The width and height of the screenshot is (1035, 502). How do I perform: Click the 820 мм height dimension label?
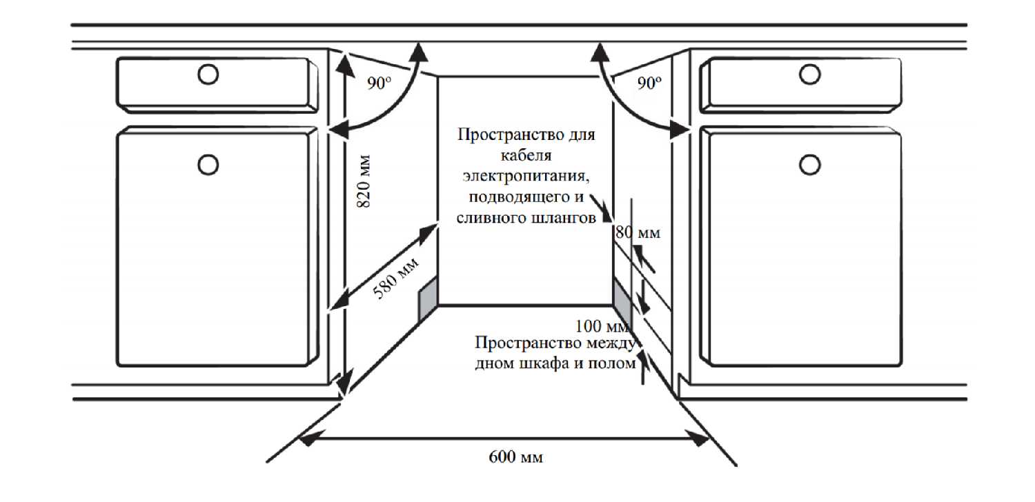tap(366, 181)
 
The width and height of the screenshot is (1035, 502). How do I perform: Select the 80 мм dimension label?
tap(638, 233)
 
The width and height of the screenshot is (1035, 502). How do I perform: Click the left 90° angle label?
tap(379, 84)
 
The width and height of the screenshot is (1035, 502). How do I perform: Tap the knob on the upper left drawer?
tap(207, 74)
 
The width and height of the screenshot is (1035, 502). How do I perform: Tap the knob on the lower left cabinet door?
tap(207, 164)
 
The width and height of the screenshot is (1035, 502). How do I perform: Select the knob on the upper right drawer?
tap(809, 74)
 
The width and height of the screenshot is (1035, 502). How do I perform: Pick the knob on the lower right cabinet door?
tap(809, 164)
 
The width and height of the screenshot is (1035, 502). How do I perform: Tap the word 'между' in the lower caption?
tap(612, 343)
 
